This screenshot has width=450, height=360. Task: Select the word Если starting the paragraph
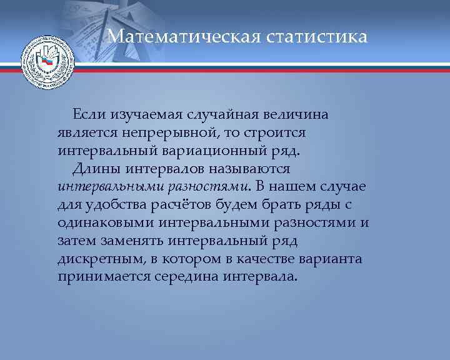(x=90, y=114)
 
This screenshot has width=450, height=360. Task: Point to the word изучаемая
(x=145, y=116)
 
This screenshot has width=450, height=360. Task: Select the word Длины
(x=94, y=169)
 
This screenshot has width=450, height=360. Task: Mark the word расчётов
(x=176, y=204)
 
